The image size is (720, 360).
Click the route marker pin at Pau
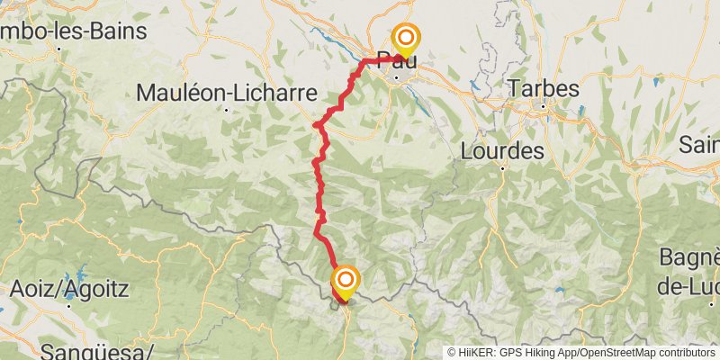pos(405,38)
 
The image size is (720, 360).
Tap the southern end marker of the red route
pos(344,281)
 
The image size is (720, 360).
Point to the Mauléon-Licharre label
pos(227,93)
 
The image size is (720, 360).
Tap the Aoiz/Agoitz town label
pos(69,290)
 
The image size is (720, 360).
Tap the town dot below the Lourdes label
pos(504,166)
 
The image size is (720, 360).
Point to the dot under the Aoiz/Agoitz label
pos(70,307)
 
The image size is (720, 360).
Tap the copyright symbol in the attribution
pos(453,353)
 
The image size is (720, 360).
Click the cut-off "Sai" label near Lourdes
pos(698,144)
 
